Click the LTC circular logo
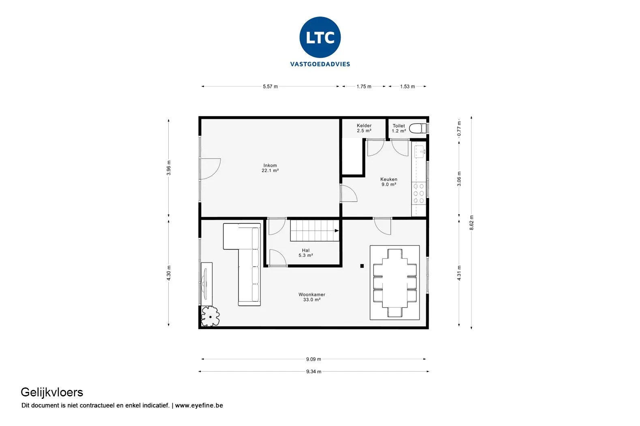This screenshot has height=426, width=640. tap(320, 37)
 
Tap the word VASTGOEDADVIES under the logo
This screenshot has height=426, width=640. tap(320, 64)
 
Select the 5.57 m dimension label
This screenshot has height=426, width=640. tap(270, 86)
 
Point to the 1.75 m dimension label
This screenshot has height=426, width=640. tap(364, 86)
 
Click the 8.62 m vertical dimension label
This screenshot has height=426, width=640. tap(471, 222)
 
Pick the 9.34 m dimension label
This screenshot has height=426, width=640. tap(314, 371)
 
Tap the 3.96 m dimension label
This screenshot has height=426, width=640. tap(169, 168)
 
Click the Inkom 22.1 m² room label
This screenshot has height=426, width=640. tap(270, 168)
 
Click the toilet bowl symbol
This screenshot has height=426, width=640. tap(418, 128)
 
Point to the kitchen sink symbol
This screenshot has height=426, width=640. tap(419, 151)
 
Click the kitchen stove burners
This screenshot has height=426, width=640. tap(419, 194)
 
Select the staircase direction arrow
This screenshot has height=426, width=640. tap(337, 230)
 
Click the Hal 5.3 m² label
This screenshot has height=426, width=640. tap(306, 253)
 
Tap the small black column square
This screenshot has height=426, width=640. tap(362, 266)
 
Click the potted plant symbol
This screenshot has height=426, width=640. tap(210, 316)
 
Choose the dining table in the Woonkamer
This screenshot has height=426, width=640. tap(395, 283)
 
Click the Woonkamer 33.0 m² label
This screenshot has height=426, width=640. tap(312, 297)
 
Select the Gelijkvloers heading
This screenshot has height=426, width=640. tap(52, 392)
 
